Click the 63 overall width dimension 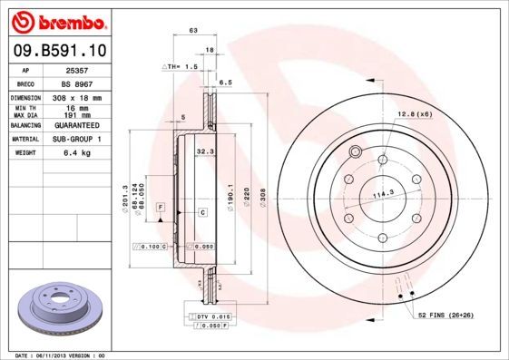tap(192, 31)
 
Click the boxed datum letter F tap(160, 208)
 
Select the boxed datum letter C tap(202, 212)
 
